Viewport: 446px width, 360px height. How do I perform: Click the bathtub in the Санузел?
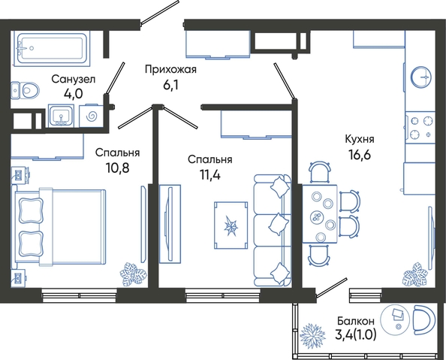[x=51, y=48]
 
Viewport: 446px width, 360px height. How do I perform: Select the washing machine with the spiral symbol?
[x=92, y=116]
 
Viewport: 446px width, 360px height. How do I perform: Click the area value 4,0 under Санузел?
[x=73, y=93]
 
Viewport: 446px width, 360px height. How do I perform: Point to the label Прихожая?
[x=170, y=69]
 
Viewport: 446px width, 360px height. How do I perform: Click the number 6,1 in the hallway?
[x=170, y=85]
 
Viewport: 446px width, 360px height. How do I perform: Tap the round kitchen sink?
[x=421, y=77]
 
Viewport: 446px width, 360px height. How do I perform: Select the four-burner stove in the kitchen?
[x=420, y=127]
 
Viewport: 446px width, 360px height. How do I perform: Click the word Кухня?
[x=360, y=139]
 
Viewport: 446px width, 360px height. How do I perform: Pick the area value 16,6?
[x=360, y=155]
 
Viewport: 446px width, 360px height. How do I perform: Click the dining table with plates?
[x=320, y=214]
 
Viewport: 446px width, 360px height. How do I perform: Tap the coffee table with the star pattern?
[x=231, y=226]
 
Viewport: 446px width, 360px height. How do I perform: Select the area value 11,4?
[x=210, y=174]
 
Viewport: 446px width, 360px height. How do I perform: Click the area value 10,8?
[x=117, y=168]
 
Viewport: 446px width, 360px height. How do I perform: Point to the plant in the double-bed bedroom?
[x=132, y=274]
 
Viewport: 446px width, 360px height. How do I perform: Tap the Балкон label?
[x=356, y=321]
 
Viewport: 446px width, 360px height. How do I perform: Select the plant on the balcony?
[x=312, y=334]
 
